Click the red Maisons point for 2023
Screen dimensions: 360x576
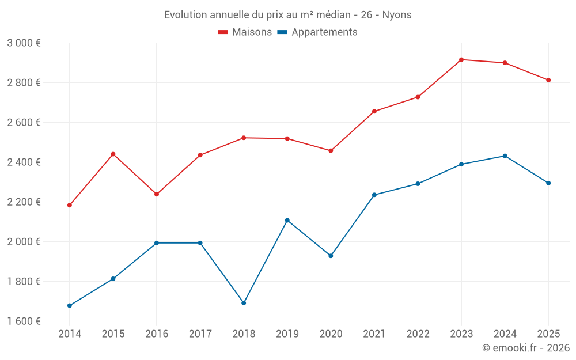[x=461, y=60]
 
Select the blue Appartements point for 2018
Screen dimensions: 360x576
[x=244, y=303]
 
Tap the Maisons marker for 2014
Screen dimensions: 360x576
[x=70, y=205]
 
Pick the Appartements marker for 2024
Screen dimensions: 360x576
[x=505, y=156]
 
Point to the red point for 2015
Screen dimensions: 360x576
[x=113, y=154]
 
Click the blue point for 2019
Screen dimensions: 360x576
[x=287, y=221]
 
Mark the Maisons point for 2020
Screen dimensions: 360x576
[x=331, y=151]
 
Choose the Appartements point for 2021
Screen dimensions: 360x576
[x=374, y=195]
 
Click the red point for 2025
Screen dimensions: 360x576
[x=548, y=80]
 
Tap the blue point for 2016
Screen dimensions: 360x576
[x=157, y=243]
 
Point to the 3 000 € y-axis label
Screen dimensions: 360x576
[x=24, y=43]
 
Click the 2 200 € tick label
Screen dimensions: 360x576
[x=24, y=202]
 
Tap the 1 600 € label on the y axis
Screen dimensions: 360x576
[x=24, y=321]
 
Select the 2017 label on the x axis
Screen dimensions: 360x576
[x=200, y=334]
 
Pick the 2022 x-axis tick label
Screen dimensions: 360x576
[x=418, y=334]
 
